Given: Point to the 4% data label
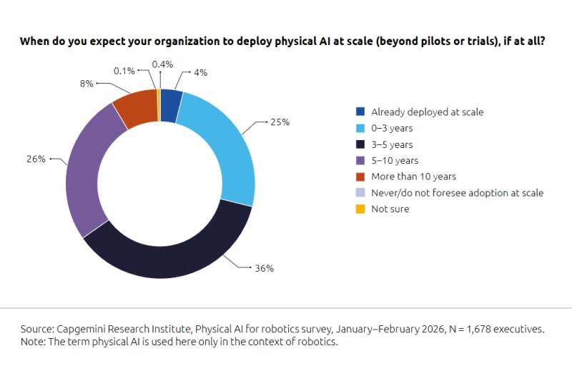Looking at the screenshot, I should (201, 73).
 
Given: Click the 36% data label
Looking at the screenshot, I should (265, 268).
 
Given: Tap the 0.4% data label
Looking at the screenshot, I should (163, 64).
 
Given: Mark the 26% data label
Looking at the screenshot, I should (36, 159).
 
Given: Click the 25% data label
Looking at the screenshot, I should (280, 122).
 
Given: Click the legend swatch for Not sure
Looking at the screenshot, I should (360, 209).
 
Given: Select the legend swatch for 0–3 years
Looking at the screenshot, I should (360, 128).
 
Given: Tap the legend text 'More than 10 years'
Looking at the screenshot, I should (413, 177).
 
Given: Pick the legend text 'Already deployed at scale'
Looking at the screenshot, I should (428, 112).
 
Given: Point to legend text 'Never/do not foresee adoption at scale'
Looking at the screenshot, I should (458, 193).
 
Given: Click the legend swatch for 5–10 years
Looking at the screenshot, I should (360, 160).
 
